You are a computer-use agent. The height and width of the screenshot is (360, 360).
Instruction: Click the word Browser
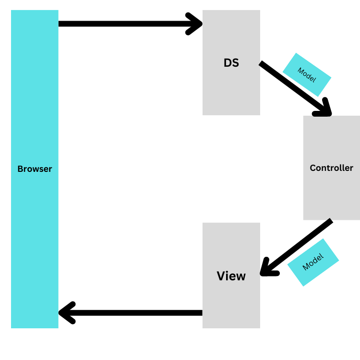(x=35, y=169)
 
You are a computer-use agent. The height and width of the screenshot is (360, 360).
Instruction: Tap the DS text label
(x=231, y=63)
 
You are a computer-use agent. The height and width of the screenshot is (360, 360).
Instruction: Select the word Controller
(x=331, y=168)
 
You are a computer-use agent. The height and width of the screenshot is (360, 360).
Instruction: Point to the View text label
(x=231, y=276)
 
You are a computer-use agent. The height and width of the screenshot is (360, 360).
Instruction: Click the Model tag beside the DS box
(x=307, y=74)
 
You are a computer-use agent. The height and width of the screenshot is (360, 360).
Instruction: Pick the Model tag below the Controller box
(x=313, y=262)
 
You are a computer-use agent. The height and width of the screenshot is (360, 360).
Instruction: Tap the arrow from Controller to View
(x=298, y=247)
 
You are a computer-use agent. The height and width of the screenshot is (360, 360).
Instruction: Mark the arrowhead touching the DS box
(x=196, y=24)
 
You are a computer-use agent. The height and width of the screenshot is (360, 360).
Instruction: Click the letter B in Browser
(x=20, y=169)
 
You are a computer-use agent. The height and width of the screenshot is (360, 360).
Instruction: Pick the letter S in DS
(x=235, y=63)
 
